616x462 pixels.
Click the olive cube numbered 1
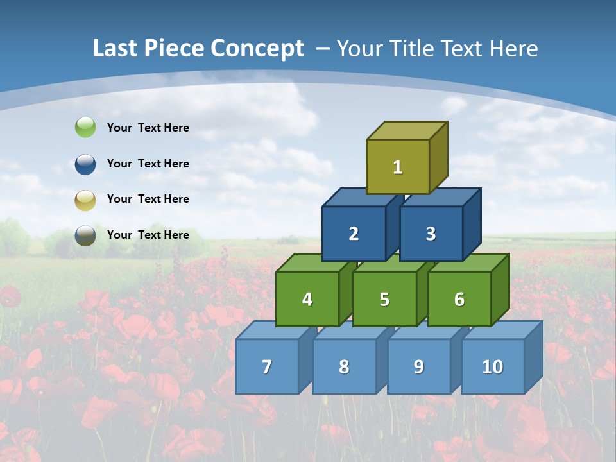click(398, 167)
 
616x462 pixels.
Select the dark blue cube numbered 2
click(354, 234)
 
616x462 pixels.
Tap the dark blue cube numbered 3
click(431, 234)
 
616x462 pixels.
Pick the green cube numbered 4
click(307, 299)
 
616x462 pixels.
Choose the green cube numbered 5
click(384, 299)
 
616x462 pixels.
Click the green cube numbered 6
click(459, 299)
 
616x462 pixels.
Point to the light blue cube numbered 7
click(267, 366)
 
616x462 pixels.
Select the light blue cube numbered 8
click(344, 366)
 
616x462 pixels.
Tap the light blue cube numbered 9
click(418, 366)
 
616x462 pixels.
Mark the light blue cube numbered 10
click(492, 366)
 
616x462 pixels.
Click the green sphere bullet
click(85, 128)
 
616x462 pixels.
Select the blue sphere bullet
click(85, 164)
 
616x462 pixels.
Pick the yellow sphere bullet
click(85, 200)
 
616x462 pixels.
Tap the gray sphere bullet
click(85, 235)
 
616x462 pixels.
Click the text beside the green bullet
click(148, 128)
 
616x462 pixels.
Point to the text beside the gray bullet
click(148, 235)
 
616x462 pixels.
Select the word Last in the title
click(115, 49)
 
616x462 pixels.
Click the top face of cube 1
click(407, 131)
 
